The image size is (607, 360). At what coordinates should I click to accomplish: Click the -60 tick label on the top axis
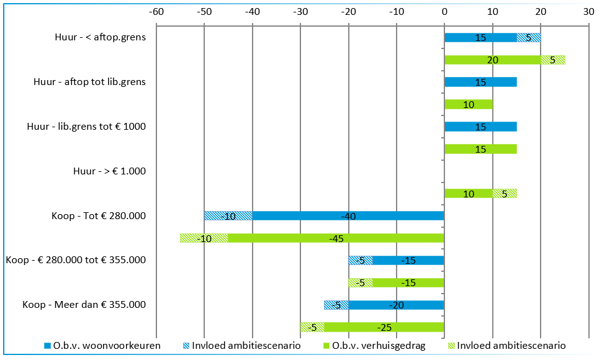coord(156,11)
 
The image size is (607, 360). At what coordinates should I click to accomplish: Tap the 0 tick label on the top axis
coord(444,11)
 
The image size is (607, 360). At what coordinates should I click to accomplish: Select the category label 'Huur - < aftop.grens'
coord(100,37)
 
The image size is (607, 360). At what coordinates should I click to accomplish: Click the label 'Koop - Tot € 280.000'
coord(99,216)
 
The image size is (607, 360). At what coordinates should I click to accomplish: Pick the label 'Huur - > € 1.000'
coord(109,171)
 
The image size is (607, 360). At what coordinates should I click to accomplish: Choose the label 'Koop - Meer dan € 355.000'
coord(84,305)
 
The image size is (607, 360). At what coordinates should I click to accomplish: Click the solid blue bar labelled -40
coord(348,216)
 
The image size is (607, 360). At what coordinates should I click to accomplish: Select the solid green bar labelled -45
coord(336,238)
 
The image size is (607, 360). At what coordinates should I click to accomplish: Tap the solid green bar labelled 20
coord(493,60)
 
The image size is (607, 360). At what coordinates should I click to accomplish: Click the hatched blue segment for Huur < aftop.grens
coord(529,37)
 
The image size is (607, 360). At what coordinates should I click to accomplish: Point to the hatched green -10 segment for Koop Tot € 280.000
coord(204,238)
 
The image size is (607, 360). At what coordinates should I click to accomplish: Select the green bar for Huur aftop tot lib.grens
coord(469,104)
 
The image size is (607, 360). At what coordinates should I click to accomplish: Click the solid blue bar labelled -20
coord(397,305)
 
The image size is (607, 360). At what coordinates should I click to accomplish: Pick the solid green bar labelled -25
coord(384,327)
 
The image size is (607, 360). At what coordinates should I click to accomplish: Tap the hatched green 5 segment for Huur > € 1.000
coord(505,194)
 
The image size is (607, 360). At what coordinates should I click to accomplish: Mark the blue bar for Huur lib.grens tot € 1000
coord(480,127)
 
